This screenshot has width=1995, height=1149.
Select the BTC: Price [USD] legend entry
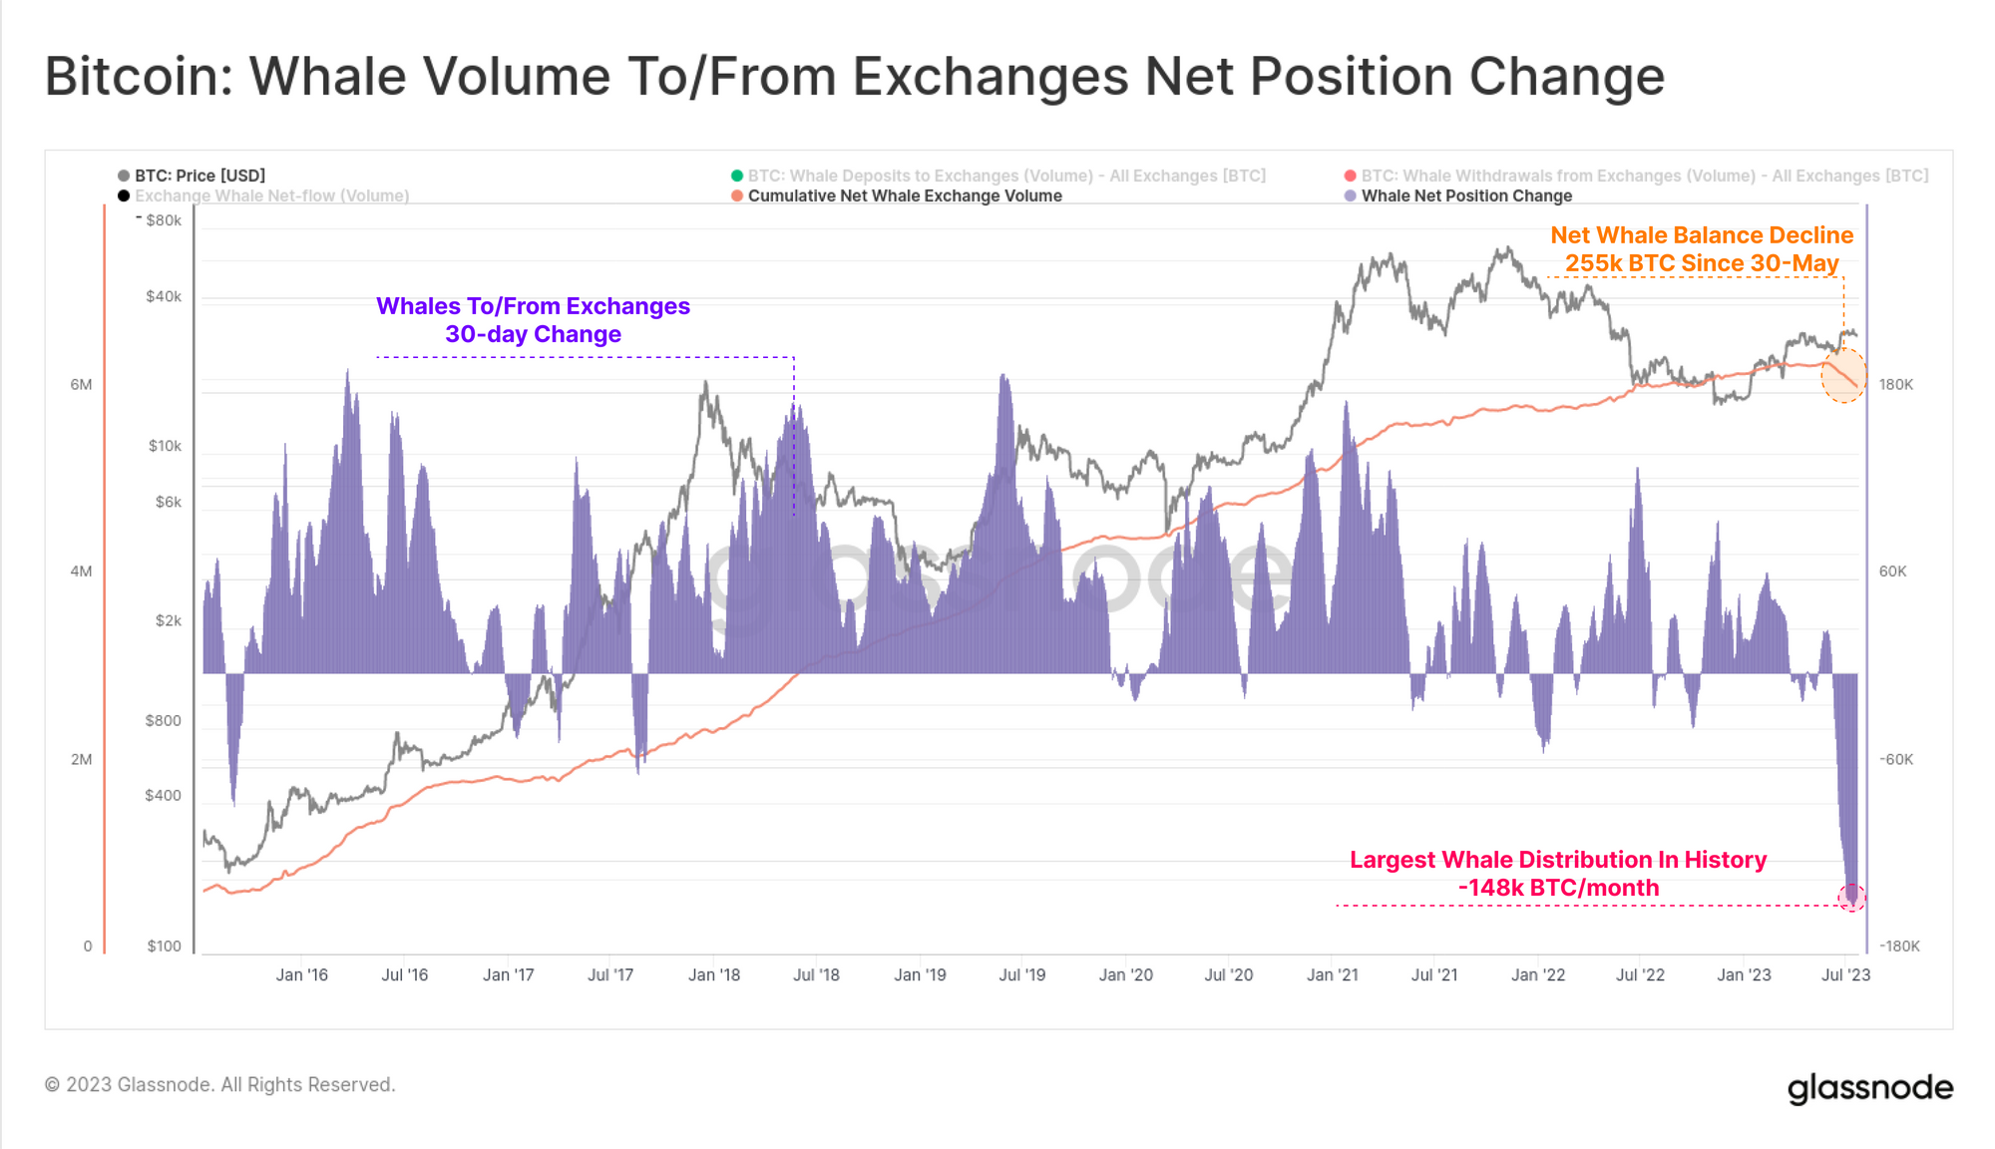pos(199,176)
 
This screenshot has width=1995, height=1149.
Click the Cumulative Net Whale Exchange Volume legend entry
pos(904,195)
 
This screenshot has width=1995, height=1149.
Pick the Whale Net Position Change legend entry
pos(1465,195)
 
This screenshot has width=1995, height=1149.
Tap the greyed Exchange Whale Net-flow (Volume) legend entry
pos(271,195)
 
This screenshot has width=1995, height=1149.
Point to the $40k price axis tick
pos(164,296)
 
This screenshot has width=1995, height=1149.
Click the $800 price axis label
pos(164,720)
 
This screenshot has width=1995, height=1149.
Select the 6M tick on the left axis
pos(81,384)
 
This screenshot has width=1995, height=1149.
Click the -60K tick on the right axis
pos(1895,759)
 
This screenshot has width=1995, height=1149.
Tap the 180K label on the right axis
pos(1895,384)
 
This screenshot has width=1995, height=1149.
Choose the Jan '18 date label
pos(714,974)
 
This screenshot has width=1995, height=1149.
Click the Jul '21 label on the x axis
pos(1433,974)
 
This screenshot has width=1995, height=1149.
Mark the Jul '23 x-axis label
pos(1845,974)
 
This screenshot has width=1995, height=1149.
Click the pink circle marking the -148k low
pos(1851,897)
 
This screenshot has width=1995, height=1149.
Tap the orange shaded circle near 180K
pos(1843,375)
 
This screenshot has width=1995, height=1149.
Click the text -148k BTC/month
pos(1558,888)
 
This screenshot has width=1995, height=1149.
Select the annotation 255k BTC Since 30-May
pos(1701,263)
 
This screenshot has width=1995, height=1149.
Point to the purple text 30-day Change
pos(533,334)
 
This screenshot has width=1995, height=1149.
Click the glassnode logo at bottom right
pos(1869,1087)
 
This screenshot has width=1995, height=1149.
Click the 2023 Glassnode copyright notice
pos(219,1084)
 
